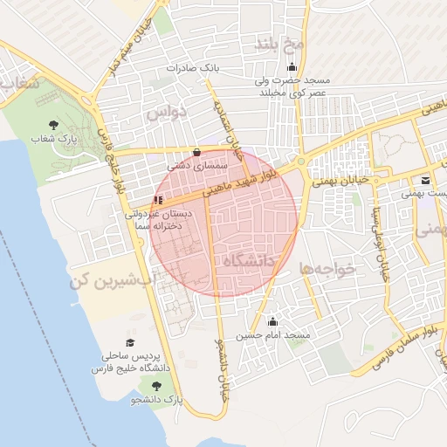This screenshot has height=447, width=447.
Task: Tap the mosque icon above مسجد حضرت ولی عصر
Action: tap(292, 67)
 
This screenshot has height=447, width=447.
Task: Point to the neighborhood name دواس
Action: tap(166, 113)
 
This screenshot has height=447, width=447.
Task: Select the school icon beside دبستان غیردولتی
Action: tap(158, 199)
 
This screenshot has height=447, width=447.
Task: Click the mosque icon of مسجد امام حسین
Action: tap(272, 321)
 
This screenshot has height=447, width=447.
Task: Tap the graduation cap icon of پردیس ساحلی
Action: tap(131, 343)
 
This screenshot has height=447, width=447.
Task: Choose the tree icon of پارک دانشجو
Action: tap(155, 387)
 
